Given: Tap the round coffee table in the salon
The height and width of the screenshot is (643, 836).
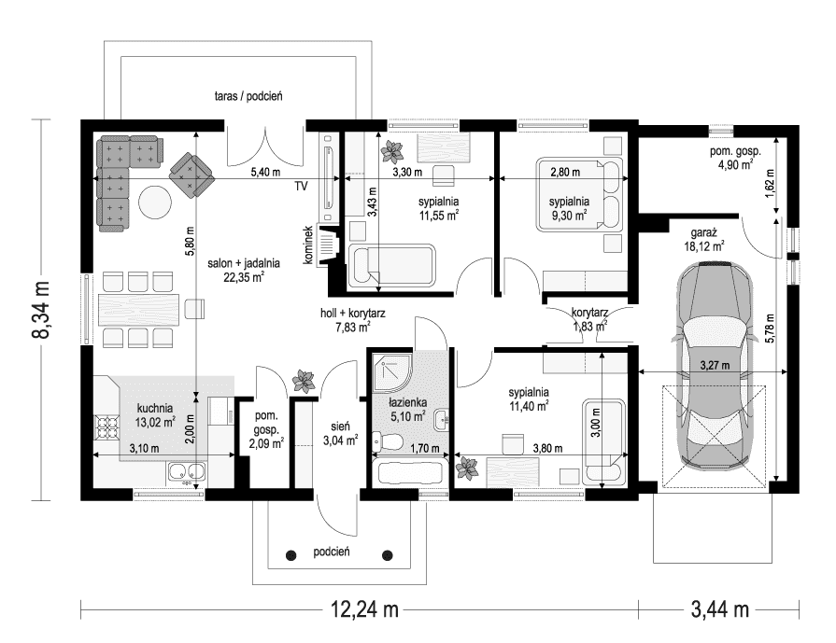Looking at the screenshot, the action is point(155,202).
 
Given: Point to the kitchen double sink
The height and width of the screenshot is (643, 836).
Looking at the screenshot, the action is point(186,471).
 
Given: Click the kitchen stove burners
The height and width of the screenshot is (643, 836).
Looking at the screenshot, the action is point(106,426).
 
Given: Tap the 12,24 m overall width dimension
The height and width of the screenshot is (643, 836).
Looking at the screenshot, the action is point(364,608).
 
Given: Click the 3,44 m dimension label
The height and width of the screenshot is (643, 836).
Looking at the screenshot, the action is point(720,608).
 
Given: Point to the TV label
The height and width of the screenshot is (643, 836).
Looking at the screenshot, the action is point(301,186).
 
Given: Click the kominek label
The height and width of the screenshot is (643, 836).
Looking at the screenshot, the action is point(307,245).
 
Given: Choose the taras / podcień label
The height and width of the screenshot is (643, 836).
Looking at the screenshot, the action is point(248,96).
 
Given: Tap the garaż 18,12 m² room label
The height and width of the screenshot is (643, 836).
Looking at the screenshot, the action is point(704,239).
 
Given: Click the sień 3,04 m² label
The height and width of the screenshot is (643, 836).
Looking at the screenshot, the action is point(340,433).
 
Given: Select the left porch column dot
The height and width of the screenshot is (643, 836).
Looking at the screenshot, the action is point(291,555).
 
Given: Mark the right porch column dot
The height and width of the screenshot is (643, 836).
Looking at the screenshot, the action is point(388,555).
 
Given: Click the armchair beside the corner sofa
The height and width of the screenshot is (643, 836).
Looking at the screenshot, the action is point(191,175).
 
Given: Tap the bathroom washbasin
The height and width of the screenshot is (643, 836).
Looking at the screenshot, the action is point(442,420).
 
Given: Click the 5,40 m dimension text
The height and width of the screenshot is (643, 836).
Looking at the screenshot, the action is point(265,172).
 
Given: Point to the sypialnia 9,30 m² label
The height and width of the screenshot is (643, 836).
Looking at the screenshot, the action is point(569,208).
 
